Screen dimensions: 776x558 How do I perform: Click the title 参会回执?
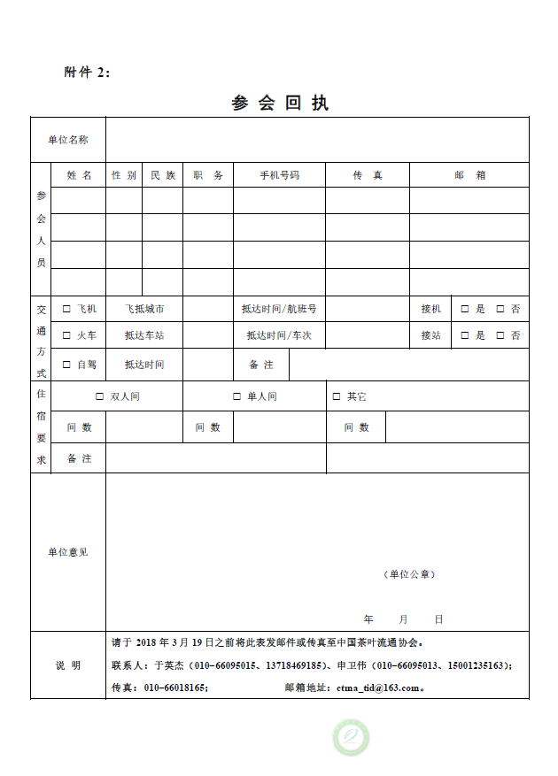280,103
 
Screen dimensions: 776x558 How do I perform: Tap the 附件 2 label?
87,73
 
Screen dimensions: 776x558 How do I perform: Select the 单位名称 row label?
68,140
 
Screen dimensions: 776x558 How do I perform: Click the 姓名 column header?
79,175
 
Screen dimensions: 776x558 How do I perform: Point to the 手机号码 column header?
279,175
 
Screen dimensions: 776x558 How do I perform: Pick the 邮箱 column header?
469,175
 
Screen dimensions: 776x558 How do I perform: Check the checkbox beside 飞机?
66,309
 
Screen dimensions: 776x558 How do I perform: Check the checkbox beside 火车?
66,335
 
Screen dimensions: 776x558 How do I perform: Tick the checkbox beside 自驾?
66,365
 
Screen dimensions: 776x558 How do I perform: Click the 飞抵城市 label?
143,309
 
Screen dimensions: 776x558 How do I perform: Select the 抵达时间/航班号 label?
279,309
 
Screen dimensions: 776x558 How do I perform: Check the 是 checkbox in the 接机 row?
464,309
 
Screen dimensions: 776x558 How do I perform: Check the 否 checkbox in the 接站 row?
500,335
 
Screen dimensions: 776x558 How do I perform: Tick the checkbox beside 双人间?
99,396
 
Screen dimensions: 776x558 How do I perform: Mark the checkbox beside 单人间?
236,396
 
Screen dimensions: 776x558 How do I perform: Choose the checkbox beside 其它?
336,396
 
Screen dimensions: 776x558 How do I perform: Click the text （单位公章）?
410,574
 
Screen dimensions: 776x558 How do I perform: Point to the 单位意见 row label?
68,552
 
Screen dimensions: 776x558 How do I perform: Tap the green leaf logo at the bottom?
351,737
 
